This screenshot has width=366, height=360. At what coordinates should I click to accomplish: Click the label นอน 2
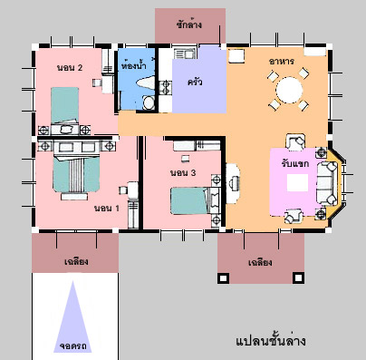(x=70, y=67)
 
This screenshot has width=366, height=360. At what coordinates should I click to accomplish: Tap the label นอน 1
(x=107, y=208)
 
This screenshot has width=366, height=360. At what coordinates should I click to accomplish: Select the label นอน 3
(x=183, y=173)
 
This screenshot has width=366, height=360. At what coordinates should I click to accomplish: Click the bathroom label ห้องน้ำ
(x=134, y=65)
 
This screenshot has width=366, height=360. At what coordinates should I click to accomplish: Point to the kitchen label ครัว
(x=195, y=82)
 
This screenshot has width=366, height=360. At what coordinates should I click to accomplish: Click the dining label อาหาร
(x=282, y=62)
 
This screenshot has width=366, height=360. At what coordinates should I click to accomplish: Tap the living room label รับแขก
(x=295, y=163)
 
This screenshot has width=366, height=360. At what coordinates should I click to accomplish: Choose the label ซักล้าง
(x=189, y=24)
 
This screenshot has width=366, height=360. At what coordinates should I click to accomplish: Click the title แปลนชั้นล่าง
(x=270, y=341)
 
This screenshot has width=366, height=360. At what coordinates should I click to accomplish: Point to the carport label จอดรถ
(x=72, y=345)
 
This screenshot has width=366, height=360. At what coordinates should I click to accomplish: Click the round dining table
(x=289, y=90)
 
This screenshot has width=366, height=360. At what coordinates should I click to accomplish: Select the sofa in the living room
(x=327, y=183)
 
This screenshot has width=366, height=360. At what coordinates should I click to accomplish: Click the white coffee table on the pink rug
(x=297, y=182)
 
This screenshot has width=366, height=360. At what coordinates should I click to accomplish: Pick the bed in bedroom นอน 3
(x=194, y=200)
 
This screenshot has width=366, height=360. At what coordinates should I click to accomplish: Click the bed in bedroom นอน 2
(x=64, y=105)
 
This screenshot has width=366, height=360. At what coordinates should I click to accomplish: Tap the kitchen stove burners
(x=165, y=88)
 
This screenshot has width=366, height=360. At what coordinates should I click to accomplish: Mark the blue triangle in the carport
(x=72, y=316)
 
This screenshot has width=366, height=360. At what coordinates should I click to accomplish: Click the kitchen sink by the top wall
(x=185, y=54)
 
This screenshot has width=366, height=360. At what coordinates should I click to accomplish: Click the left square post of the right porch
(x=223, y=277)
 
